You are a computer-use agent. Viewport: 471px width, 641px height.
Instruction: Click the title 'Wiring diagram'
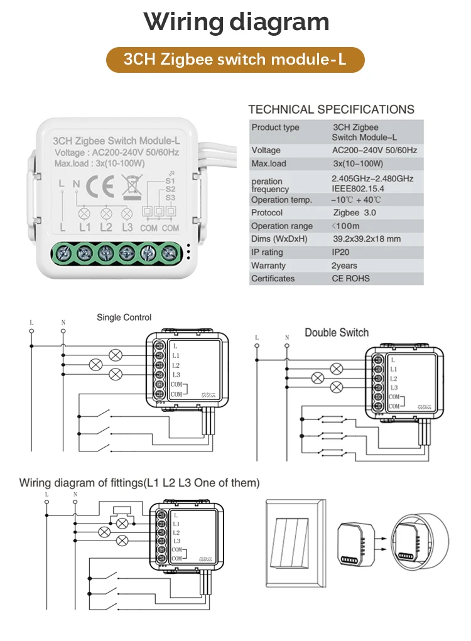236,22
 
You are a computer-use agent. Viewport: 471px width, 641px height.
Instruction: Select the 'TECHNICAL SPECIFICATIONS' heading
331,109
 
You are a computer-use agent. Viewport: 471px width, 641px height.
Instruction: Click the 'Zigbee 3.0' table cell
354,213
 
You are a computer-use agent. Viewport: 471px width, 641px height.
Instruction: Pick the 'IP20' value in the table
343,252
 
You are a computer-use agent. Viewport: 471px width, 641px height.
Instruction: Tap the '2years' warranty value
345,266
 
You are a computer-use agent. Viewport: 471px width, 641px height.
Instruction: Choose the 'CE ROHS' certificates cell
351,279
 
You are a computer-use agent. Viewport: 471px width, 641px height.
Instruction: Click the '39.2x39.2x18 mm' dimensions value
366,239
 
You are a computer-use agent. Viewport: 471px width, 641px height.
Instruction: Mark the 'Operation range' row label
282,226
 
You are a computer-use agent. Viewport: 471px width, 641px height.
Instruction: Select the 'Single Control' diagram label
124,318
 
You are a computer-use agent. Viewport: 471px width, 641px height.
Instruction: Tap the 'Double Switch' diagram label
337,332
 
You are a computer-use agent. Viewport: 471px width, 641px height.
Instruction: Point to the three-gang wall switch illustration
296,542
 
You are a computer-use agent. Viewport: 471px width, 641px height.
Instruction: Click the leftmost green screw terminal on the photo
63,254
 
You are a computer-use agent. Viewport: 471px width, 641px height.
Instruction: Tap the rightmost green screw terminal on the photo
168,254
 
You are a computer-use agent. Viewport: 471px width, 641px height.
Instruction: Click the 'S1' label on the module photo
170,181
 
